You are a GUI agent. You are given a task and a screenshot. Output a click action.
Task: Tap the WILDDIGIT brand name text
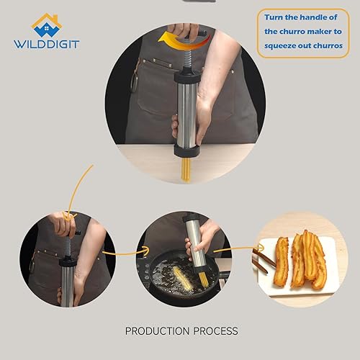tap(46, 43)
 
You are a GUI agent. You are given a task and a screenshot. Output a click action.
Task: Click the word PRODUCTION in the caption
tap(162, 330)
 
